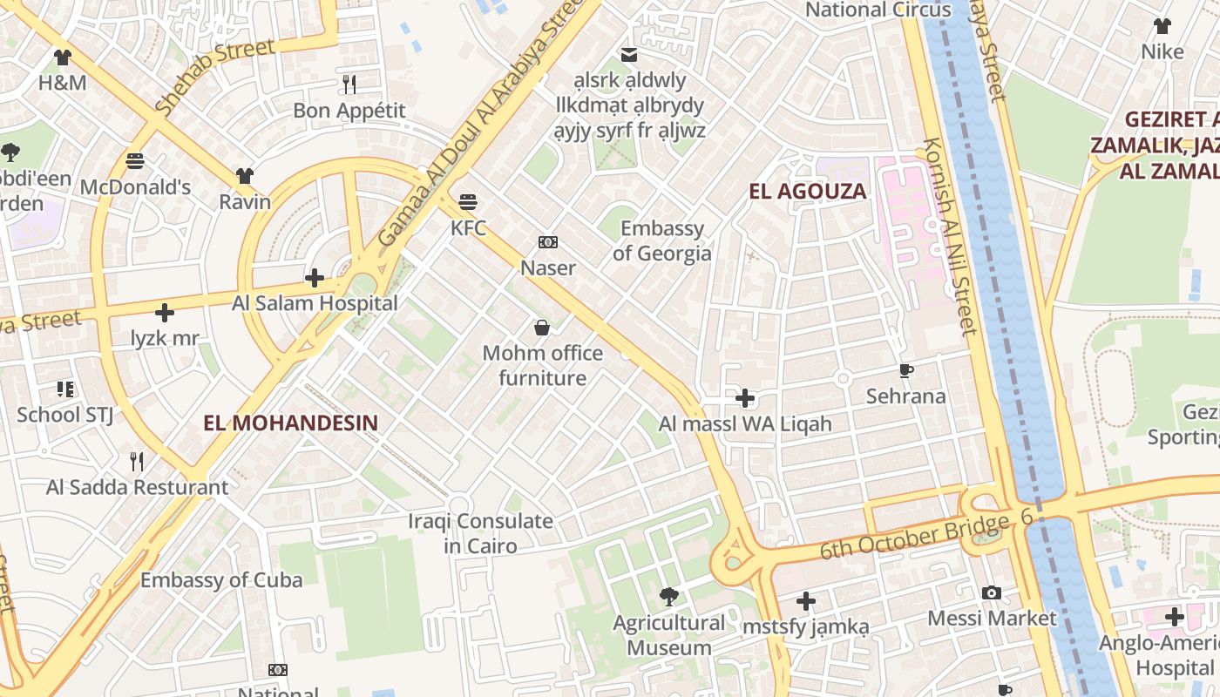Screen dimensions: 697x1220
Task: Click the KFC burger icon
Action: (468, 202)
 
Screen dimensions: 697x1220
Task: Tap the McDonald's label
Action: (135, 187)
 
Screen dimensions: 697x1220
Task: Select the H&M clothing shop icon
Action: (62, 58)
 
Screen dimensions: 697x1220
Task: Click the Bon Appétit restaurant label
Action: (349, 111)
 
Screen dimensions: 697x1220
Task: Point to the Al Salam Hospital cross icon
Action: (315, 278)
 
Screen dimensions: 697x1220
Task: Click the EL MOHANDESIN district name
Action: (291, 423)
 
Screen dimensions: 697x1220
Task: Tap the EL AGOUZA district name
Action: (808, 192)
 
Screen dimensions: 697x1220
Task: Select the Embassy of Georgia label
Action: (662, 241)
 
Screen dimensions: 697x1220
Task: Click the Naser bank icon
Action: (548, 242)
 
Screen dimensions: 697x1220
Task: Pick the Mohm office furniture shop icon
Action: (542, 328)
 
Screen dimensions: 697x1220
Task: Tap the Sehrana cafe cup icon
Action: (906, 371)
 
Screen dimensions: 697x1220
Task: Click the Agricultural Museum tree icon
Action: (669, 597)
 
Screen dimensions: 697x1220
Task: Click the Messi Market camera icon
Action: (992, 593)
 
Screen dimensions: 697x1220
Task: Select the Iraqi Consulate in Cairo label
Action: (481, 534)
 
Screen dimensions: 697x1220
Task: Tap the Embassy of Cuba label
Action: (221, 580)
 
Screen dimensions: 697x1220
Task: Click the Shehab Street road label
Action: (214, 77)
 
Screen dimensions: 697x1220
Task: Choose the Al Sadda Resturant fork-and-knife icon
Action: (137, 461)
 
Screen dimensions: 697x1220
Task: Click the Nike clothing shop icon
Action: (1162, 26)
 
